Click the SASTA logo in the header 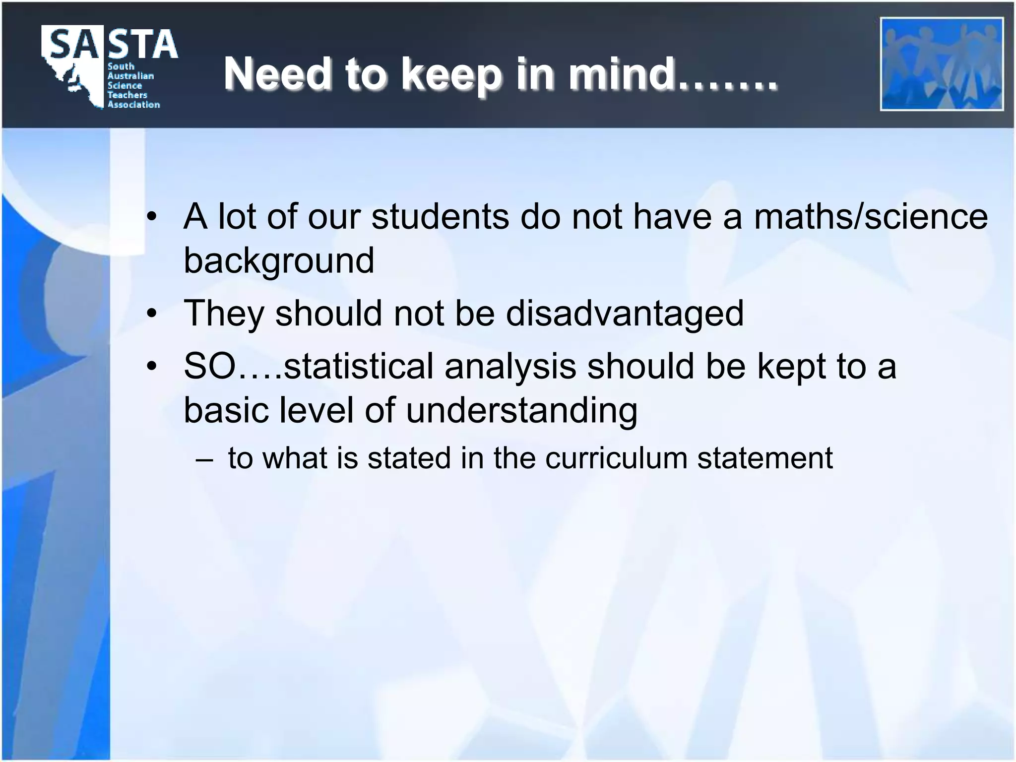[x=109, y=67]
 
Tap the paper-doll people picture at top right [x=942, y=64]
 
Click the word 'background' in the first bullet [x=279, y=260]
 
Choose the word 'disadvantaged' [x=625, y=314]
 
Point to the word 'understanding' [x=521, y=411]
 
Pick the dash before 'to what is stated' [x=204, y=458]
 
